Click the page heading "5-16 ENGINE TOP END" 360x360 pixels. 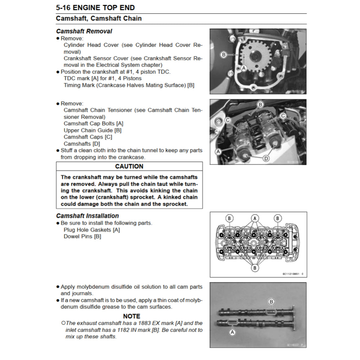point(95,8)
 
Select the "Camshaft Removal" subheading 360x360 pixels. point(84,31)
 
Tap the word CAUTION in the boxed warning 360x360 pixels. point(129,166)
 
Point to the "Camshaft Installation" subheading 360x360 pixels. point(87,216)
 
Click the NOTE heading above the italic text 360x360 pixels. point(131,316)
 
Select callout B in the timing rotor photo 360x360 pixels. point(223,54)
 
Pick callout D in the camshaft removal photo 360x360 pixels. point(266,159)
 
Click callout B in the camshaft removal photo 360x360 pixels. point(260,104)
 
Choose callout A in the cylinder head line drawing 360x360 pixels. point(255,218)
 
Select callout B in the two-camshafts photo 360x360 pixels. point(271,302)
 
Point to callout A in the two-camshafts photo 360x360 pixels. point(232,332)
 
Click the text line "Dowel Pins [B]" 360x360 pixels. point(82,237)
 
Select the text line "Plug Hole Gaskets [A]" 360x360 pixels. point(92,230)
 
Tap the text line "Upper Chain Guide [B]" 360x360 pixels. point(92,130)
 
